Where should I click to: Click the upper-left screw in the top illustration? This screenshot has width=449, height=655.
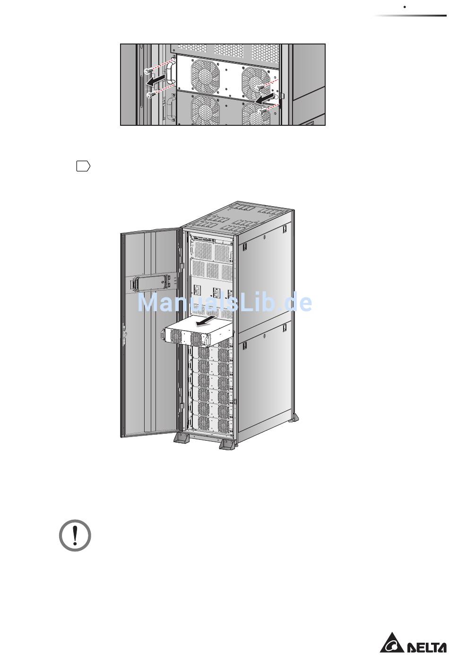click(x=149, y=70)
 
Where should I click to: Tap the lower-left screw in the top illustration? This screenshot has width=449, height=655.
click(x=151, y=95)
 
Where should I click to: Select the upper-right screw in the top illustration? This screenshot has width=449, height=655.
click(x=260, y=87)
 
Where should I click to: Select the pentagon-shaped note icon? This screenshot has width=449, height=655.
click(x=83, y=166)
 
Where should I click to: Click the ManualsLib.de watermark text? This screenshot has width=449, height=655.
click(x=224, y=302)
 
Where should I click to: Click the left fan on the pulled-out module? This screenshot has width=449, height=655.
click(x=176, y=336)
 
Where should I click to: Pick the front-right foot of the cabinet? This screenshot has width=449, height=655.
click(x=227, y=444)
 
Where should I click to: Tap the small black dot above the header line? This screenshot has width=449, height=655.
click(x=405, y=7)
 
